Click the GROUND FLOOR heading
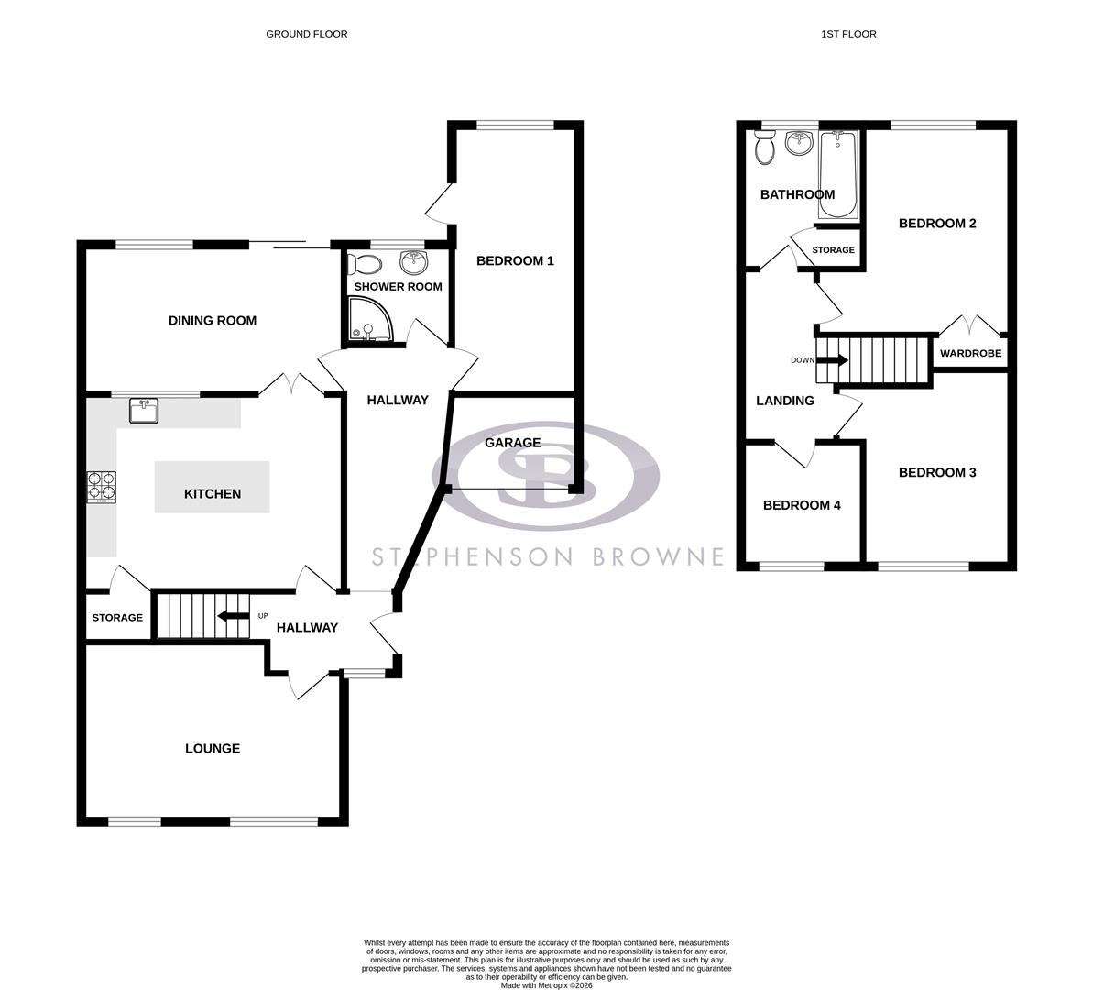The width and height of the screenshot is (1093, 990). pos(306,34)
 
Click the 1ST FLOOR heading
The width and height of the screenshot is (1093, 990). pos(847,34)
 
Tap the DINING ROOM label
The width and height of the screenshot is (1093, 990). pos(212,321)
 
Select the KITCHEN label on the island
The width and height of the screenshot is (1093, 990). pos(213,493)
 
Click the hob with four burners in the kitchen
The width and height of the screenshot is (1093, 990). pos(102,487)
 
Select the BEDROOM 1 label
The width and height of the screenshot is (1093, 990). pos(515,261)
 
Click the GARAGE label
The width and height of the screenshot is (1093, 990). pos(512,443)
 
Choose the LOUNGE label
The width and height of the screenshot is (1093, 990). pos(213,749)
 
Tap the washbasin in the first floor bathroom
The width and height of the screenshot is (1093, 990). pos(800,144)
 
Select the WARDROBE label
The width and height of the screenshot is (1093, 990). pos(970,353)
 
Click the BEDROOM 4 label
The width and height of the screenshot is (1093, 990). pos(802,505)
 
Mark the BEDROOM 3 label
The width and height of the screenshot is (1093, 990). pos(937,472)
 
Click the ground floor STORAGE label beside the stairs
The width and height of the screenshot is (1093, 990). pos(117,618)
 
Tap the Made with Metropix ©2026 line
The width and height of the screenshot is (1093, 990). pos(546,985)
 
